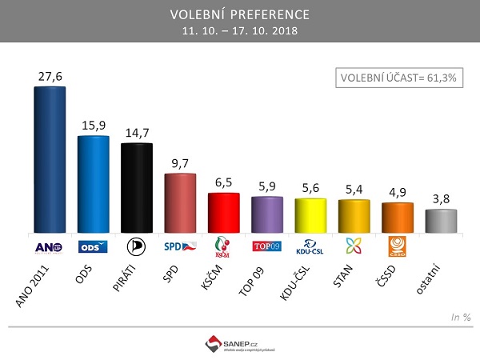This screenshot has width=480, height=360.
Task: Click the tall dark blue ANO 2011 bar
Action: point(49,160)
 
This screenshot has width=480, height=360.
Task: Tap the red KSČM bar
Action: point(223,213)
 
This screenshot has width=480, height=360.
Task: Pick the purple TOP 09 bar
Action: point(267,214)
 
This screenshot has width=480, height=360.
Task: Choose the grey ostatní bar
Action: point(442,222)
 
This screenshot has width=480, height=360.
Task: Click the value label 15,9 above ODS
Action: point(93,125)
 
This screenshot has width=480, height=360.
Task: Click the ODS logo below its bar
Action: point(93,246)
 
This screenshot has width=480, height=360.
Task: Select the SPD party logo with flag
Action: point(179,246)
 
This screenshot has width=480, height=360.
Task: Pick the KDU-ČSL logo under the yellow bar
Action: point(310,246)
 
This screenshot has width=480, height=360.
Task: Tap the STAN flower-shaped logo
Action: point(354,246)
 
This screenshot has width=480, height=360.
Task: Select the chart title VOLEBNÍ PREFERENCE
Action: point(240,15)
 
